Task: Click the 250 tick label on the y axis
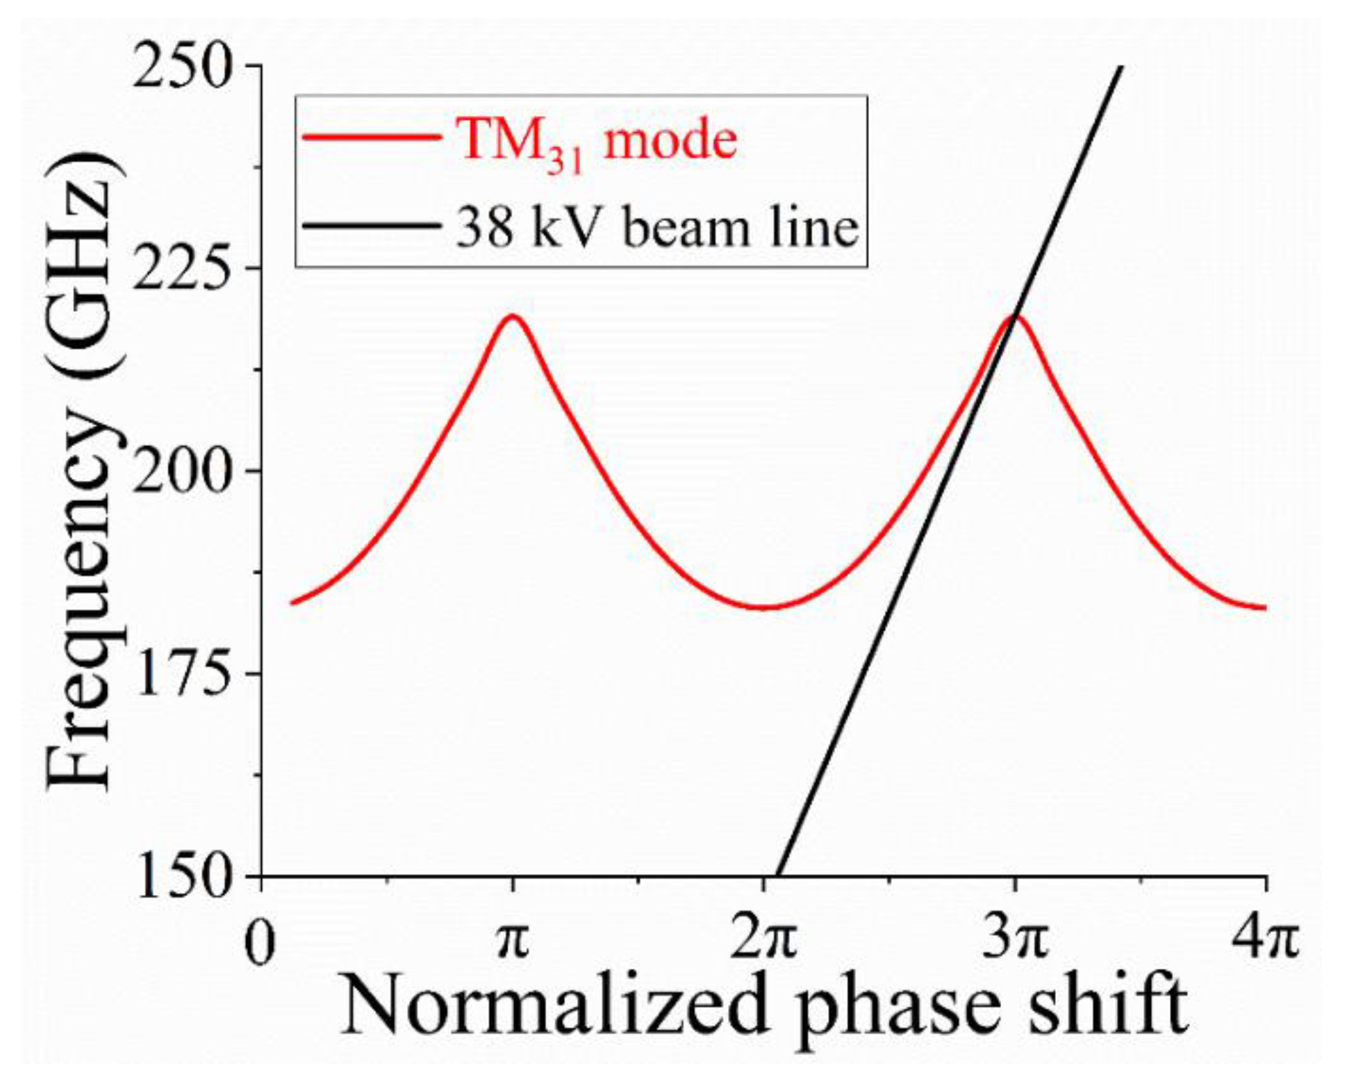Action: coord(182,67)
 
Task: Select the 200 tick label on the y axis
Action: coord(182,473)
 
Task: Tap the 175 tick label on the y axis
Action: coord(182,674)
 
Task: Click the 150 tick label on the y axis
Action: coord(182,877)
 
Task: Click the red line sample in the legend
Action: coord(372,138)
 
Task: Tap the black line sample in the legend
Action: coord(372,226)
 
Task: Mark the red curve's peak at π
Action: coord(513,316)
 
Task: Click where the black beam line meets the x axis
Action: coord(778,876)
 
